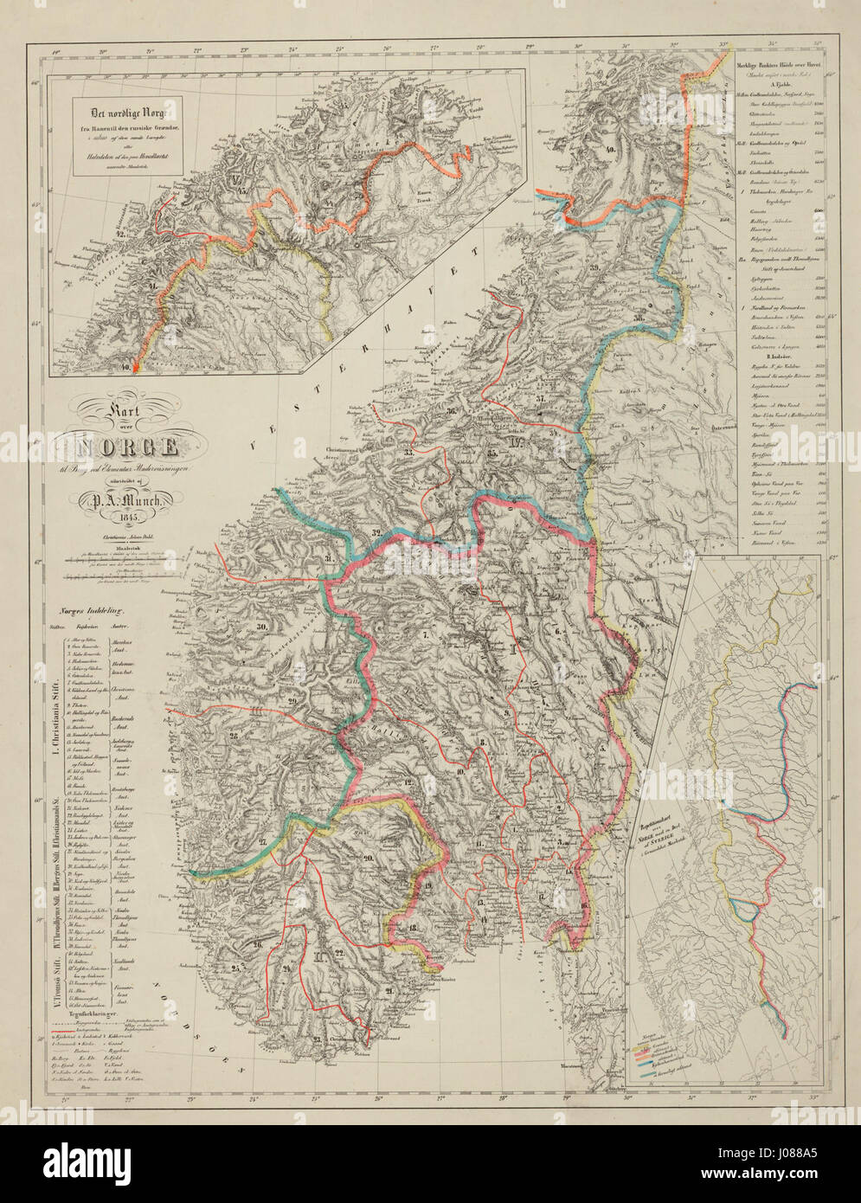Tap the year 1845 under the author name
pos(130,517)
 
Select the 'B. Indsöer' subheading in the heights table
pos(761,356)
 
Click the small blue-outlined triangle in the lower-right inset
pos(745,909)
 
